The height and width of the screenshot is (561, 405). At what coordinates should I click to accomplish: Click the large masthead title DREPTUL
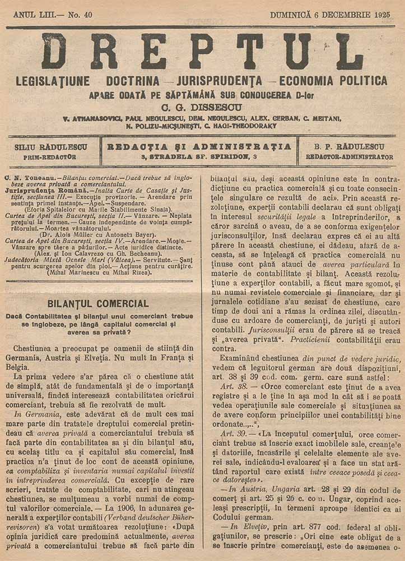[x=202, y=51]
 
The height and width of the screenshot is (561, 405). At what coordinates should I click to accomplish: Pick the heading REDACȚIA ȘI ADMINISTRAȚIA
[x=199, y=146]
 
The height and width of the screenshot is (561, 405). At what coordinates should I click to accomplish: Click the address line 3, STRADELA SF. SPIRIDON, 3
[x=199, y=157]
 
